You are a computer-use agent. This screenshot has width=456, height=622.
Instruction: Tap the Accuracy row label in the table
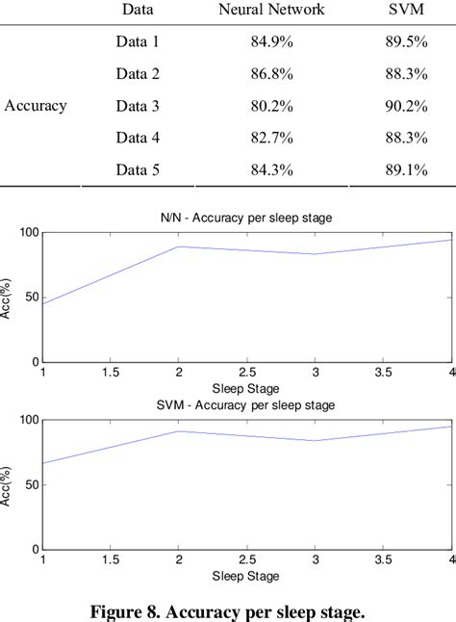pos(36,106)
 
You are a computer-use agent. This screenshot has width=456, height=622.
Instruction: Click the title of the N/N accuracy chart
pos(246,219)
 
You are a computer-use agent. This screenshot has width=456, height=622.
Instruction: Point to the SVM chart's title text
pos(246,405)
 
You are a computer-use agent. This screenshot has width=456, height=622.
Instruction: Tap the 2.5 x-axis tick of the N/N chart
pos(246,372)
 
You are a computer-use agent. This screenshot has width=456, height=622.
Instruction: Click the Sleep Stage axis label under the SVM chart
pos(246,576)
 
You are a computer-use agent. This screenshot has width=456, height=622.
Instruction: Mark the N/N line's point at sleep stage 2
pos(178,246)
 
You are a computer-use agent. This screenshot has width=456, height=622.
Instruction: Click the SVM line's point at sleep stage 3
pos(315,441)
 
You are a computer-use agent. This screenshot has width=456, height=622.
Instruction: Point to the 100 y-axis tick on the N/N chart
pos(26,232)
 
